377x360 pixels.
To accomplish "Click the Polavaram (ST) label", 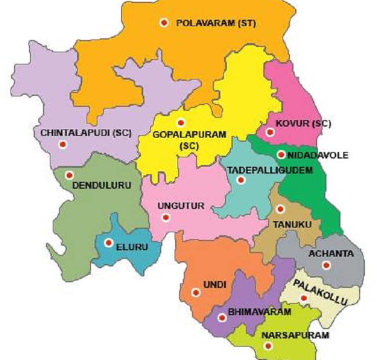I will coord(216,23).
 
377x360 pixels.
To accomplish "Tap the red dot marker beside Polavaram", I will coord(164,23).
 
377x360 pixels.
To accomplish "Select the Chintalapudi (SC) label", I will coord(86,132).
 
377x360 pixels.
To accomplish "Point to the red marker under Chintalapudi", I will coord(63,145).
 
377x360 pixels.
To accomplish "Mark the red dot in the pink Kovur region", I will coord(269,132).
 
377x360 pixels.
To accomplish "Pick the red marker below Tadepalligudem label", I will coord(241,181).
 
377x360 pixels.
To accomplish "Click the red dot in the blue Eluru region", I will coord(108,243).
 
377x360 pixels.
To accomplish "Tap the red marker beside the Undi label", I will coord(196,293).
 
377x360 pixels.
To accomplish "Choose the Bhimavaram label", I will coord(259,312).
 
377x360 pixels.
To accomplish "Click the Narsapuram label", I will coord(295,336).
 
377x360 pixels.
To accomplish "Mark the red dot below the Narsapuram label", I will coord(268,346).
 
